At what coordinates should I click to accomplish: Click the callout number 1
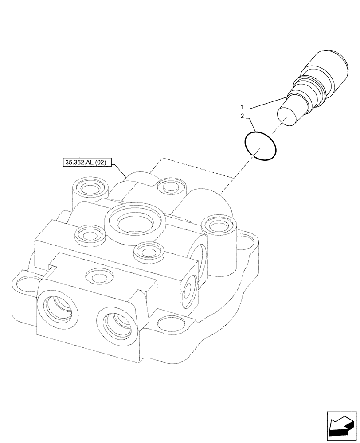(243, 107)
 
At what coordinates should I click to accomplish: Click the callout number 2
(243, 116)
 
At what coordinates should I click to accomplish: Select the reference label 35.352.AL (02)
(86, 163)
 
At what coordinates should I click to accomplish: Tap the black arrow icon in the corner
(340, 427)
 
